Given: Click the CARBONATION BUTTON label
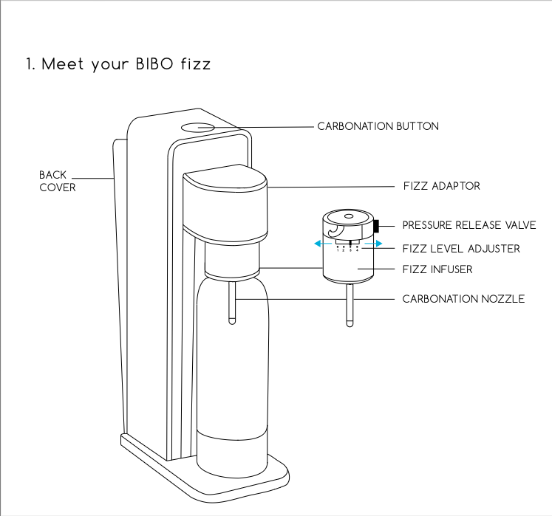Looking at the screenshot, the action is click(x=378, y=126).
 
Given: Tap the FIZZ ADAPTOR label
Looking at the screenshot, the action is click(x=442, y=186).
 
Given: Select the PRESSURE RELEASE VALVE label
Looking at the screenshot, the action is click(x=469, y=225).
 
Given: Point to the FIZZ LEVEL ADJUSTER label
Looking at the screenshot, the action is click(x=461, y=249).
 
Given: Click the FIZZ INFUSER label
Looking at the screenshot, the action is click(x=437, y=269).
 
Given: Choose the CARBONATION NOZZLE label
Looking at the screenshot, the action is click(x=463, y=299).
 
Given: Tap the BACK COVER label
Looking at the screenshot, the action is click(x=58, y=181).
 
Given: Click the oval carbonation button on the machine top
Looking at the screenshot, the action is click(x=198, y=127).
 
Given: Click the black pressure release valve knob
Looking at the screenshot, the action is click(x=376, y=226).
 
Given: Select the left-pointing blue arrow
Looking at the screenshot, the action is click(x=323, y=244).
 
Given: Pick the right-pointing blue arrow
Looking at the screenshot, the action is click(x=373, y=244).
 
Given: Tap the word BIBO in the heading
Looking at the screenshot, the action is click(x=154, y=64).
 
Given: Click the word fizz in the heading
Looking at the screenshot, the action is click(x=196, y=64).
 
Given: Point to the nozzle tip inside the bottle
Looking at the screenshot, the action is click(x=232, y=321).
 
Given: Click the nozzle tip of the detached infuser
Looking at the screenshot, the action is click(x=350, y=323).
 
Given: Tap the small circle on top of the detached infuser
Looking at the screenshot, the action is click(x=349, y=216).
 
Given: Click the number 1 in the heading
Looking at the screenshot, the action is click(x=29, y=64).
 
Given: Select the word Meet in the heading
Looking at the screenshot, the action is click(x=63, y=64).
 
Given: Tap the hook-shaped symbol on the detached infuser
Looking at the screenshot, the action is click(x=335, y=232).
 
